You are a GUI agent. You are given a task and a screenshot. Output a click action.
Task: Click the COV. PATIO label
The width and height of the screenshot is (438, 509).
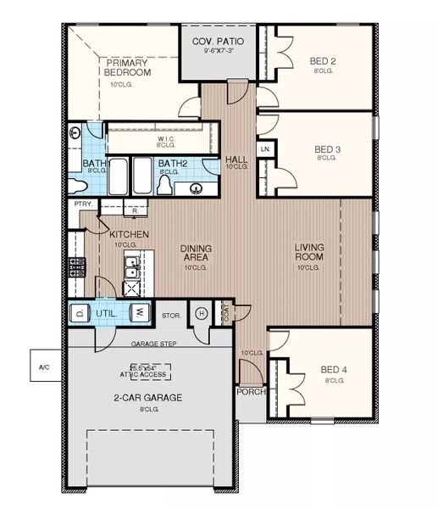[213, 41]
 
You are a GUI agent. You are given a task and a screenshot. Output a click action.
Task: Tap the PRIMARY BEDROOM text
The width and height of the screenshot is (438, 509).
[127, 68]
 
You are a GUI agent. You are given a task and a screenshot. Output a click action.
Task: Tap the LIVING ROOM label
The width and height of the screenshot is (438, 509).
[309, 252]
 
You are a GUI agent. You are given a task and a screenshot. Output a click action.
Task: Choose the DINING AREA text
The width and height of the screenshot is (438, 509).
[195, 253]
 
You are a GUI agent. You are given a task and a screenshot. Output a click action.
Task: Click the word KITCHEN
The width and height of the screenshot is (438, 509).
[129, 233]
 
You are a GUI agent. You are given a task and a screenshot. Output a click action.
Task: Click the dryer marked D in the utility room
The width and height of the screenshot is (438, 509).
[80, 313]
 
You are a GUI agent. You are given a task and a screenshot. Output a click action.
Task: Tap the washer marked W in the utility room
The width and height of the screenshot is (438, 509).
[139, 313]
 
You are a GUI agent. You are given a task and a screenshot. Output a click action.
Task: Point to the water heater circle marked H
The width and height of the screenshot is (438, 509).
[201, 313]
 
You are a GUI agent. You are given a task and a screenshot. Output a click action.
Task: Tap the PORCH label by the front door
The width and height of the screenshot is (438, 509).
[251, 392]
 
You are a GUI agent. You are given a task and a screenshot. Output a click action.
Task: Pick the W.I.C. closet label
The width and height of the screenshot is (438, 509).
[166, 140]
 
